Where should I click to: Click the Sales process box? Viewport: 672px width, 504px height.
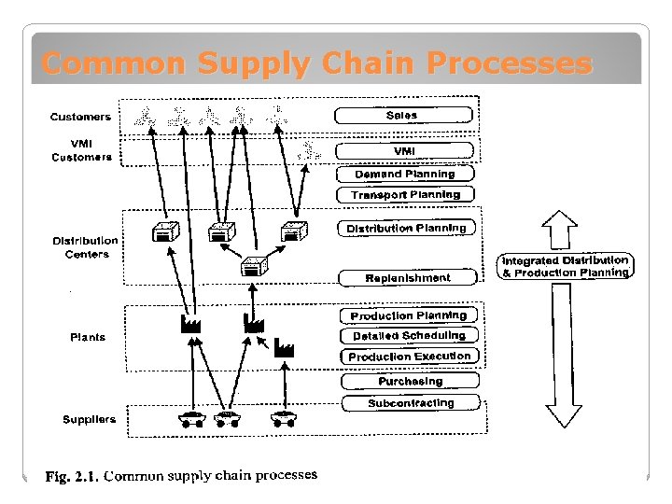(402, 116)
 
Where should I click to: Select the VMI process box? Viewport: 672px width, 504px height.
(404, 151)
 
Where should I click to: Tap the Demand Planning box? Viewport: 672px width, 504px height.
(404, 174)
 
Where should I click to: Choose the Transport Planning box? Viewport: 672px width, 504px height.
(405, 195)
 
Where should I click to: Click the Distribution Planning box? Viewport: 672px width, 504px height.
(406, 228)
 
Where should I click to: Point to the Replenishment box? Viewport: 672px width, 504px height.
(408, 277)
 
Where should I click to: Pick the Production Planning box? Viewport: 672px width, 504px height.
(408, 315)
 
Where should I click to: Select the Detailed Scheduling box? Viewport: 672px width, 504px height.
(409, 336)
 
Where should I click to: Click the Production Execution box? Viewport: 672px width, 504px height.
(410, 357)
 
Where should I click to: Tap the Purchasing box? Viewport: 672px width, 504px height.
(410, 381)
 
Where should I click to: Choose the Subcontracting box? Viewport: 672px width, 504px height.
(411, 403)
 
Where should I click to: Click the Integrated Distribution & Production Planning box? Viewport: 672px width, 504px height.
(566, 266)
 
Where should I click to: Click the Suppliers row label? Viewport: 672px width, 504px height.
(90, 419)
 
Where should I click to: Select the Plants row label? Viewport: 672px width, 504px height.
(88, 337)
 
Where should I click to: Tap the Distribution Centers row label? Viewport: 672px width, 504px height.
(86, 247)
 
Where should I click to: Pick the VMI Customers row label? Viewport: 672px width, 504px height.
(81, 150)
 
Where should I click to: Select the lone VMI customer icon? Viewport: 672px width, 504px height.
(309, 149)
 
